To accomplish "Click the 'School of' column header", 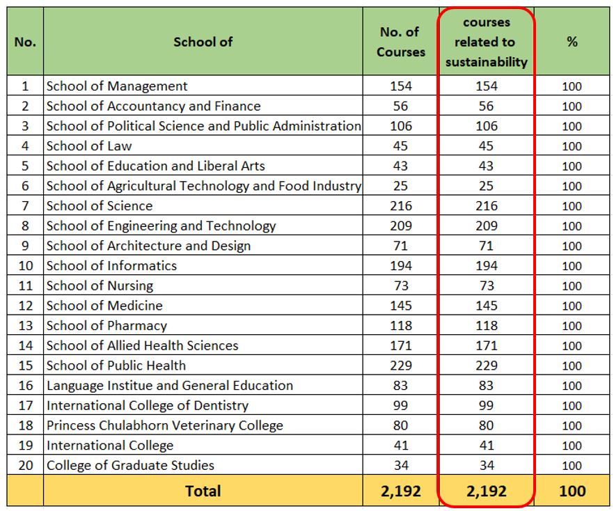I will pyautogui.click(x=203, y=42).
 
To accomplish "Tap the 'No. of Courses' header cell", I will pyautogui.click(x=400, y=42).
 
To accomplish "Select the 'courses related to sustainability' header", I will pyautogui.click(x=487, y=42).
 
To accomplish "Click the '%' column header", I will pyautogui.click(x=572, y=42).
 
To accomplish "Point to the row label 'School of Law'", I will pyautogui.click(x=89, y=146).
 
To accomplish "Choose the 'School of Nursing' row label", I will pyautogui.click(x=100, y=286).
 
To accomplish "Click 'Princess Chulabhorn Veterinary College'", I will pyautogui.click(x=165, y=426).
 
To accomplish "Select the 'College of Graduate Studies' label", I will pyautogui.click(x=130, y=466).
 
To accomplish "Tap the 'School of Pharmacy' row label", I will pyautogui.click(x=107, y=326).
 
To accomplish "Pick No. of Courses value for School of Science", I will pyautogui.click(x=401, y=206).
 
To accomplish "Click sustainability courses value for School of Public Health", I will pyautogui.click(x=486, y=365).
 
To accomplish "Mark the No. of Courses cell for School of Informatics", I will pyautogui.click(x=401, y=266).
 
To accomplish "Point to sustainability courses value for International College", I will pyautogui.click(x=486, y=446).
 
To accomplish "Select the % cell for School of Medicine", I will pyautogui.click(x=572, y=306).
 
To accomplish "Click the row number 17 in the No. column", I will pyautogui.click(x=25, y=406).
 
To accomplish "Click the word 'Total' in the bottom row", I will pyautogui.click(x=203, y=491).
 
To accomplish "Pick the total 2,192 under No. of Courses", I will pyautogui.click(x=401, y=491).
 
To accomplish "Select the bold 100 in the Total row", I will pyautogui.click(x=572, y=491).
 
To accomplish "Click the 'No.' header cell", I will pyautogui.click(x=25, y=42).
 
